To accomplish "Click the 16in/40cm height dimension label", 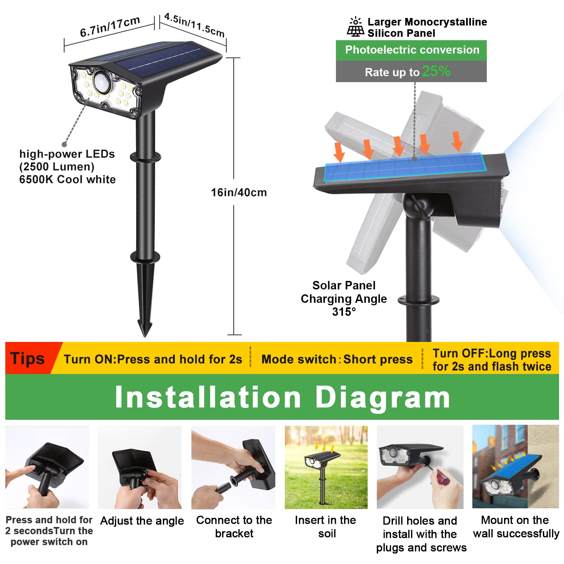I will [x=239, y=192].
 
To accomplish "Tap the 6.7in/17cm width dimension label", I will [x=110, y=27].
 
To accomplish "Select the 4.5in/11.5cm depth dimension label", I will [x=195, y=25].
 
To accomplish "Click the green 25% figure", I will [x=436, y=71].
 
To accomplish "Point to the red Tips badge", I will [x=28, y=358].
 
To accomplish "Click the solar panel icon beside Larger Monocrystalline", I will [x=355, y=27].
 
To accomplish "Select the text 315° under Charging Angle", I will [x=344, y=312].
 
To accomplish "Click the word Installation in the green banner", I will [x=208, y=397].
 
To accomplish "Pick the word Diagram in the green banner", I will [x=382, y=397].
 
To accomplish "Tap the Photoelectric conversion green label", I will [x=412, y=50].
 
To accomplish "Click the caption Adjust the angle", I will [x=142, y=521].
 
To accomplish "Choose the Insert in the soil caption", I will [x=326, y=527].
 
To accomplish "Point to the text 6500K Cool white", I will [x=67, y=179].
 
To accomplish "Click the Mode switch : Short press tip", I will [x=337, y=359].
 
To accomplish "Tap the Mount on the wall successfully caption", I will [x=516, y=527].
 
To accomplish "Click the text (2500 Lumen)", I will [x=57, y=167].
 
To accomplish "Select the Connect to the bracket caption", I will [x=234, y=527].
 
